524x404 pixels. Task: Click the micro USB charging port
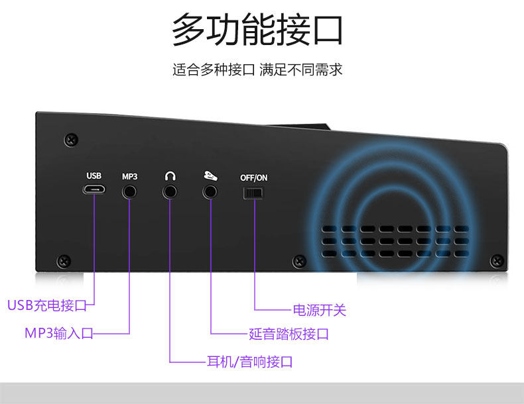point(94,190)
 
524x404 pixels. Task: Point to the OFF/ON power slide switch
point(253,193)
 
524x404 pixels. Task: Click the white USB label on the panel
point(94,176)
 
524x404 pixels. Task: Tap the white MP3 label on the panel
point(129,176)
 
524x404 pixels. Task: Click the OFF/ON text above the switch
point(253,177)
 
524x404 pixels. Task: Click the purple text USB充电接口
point(47,305)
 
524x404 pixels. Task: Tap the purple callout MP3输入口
point(59,332)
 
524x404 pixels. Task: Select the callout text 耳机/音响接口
point(250,362)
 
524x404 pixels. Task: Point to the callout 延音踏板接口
point(289,334)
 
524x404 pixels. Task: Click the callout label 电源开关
point(320,310)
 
